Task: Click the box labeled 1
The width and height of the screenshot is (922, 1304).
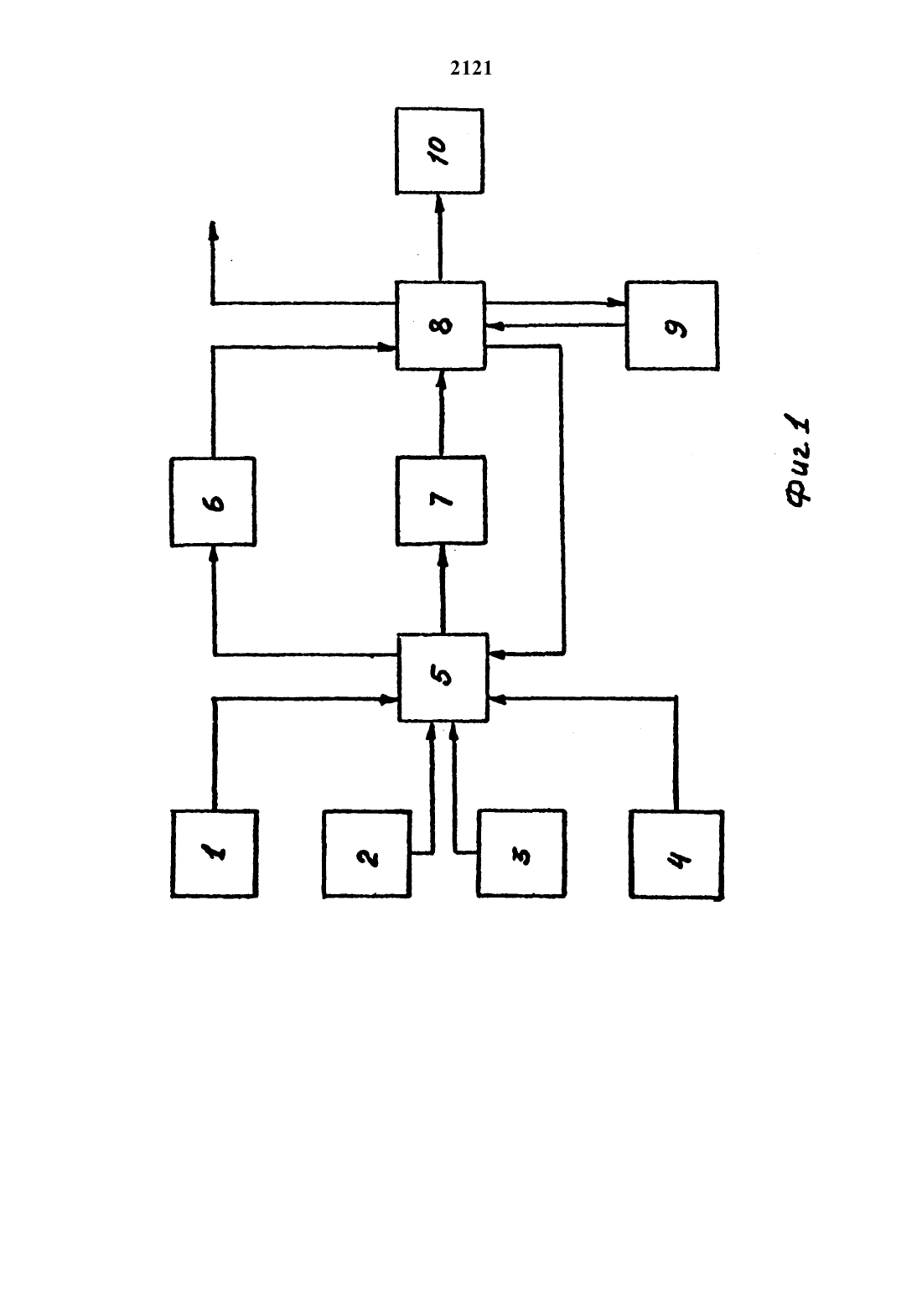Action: pyautogui.click(x=215, y=853)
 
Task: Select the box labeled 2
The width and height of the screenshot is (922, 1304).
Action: pyautogui.click(x=367, y=853)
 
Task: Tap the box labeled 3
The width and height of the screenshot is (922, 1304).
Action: pyautogui.click(x=521, y=853)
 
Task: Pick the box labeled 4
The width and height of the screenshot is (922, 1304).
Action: pyautogui.click(x=676, y=854)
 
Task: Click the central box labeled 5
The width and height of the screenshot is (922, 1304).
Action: pyautogui.click(x=443, y=678)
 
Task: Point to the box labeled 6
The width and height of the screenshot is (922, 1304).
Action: pyautogui.click(x=213, y=502)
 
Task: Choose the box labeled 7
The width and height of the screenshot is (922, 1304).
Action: pyautogui.click(x=441, y=500)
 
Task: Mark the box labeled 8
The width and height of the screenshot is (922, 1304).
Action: pyautogui.click(x=441, y=325)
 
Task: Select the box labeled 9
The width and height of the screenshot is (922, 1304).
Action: pyautogui.click(x=672, y=325)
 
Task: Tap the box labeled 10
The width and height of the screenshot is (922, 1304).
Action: pyautogui.click(x=439, y=151)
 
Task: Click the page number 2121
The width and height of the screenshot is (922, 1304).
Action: pyautogui.click(x=471, y=69)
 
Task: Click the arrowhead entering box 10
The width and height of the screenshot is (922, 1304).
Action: pyautogui.click(x=439, y=202)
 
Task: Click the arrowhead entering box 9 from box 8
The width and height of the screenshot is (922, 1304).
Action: pyautogui.click(x=617, y=303)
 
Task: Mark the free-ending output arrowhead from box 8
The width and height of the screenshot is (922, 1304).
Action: pyautogui.click(x=213, y=230)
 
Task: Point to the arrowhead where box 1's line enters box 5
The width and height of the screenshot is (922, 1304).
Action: pyautogui.click(x=389, y=699)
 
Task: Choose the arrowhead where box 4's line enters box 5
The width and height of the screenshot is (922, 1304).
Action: pyautogui.click(x=497, y=699)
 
